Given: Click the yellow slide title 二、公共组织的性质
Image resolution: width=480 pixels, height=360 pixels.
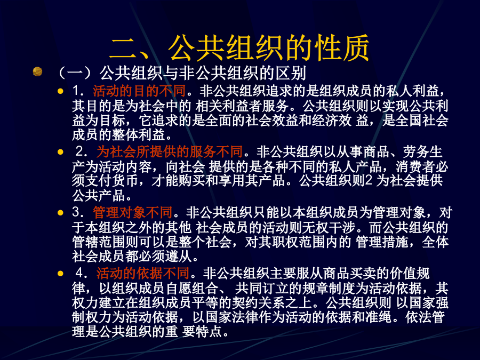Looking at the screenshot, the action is point(239,48).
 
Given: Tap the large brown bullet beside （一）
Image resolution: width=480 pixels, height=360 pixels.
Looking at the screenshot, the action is point(37,71).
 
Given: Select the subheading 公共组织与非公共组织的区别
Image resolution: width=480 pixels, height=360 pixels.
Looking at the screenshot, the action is point(203,73).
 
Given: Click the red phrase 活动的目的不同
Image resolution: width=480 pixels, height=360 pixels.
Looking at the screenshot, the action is point(139,91).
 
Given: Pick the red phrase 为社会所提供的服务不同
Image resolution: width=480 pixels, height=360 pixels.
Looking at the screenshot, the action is point(170,151).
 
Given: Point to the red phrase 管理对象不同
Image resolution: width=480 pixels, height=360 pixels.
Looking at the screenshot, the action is point(133,212).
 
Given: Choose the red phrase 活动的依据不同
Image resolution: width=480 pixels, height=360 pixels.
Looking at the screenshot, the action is point(143,273).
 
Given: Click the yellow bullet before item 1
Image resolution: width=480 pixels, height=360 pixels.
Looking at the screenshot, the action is point(60,91).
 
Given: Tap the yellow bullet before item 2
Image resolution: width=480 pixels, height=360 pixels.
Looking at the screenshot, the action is point(60,152).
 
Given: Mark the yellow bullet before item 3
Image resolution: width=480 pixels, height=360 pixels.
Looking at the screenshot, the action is point(60,212).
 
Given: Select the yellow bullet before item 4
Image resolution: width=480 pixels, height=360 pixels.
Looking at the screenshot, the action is point(60,273).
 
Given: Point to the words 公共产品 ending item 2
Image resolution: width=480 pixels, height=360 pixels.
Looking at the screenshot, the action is point(98,195).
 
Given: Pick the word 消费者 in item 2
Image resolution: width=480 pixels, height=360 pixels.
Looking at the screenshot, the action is point(415,167).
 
